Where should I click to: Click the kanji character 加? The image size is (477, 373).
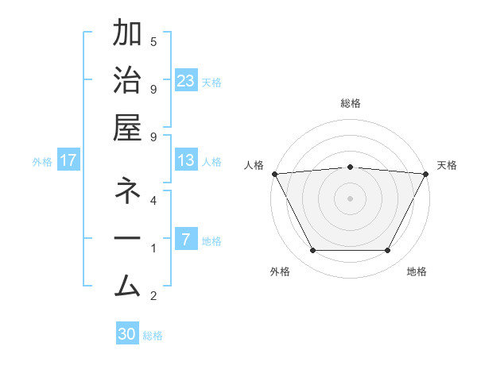[x=127, y=35]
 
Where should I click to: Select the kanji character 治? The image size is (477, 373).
[x=127, y=82]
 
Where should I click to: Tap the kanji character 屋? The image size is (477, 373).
[x=127, y=129]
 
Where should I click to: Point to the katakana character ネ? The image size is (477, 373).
[x=127, y=192]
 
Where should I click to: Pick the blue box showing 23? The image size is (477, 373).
[x=186, y=81]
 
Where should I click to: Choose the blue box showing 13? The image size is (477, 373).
[x=186, y=161]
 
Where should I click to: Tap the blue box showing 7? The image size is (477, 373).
[x=186, y=240]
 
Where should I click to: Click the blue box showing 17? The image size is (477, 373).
[x=68, y=161]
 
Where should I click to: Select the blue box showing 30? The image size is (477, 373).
[x=127, y=334]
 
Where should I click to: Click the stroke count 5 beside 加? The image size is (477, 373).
[x=153, y=42]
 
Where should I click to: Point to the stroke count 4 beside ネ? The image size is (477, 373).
[x=153, y=201]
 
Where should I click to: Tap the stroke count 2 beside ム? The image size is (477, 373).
[x=153, y=296]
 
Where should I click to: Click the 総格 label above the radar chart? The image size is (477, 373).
[x=350, y=104]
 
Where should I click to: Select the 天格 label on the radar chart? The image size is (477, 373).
[x=448, y=165]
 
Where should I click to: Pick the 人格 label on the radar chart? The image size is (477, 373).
[x=254, y=165]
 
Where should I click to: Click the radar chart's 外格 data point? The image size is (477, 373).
[x=312, y=251]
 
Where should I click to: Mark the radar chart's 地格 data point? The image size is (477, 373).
[x=388, y=251]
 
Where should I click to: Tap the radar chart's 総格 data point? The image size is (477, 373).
[x=350, y=167]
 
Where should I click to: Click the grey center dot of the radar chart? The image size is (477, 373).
[x=350, y=198]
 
